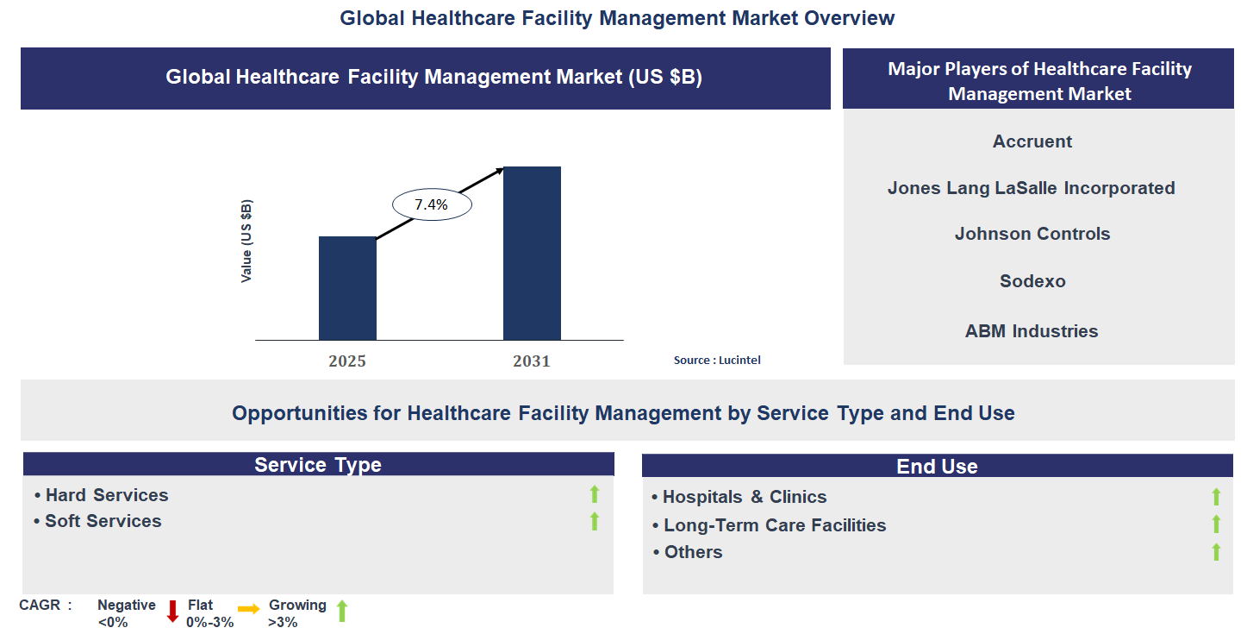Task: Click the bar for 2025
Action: click(x=347, y=288)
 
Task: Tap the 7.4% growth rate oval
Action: click(x=432, y=204)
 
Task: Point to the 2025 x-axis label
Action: click(x=347, y=361)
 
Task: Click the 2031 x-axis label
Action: click(x=532, y=361)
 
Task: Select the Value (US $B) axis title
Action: click(x=247, y=241)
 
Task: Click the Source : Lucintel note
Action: click(x=717, y=360)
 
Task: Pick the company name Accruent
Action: click(x=1032, y=141)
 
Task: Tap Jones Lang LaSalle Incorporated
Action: click(x=1031, y=188)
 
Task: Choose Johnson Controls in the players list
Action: click(x=1032, y=234)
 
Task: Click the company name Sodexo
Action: click(x=1032, y=281)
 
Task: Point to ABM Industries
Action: click(x=1032, y=331)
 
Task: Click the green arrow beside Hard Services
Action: click(x=594, y=494)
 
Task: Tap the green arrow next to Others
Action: click(x=1216, y=552)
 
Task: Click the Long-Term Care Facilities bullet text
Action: click(x=774, y=525)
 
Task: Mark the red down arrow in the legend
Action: click(x=172, y=611)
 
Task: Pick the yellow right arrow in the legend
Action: click(x=248, y=609)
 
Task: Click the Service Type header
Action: click(x=318, y=465)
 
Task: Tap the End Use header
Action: click(x=937, y=467)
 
